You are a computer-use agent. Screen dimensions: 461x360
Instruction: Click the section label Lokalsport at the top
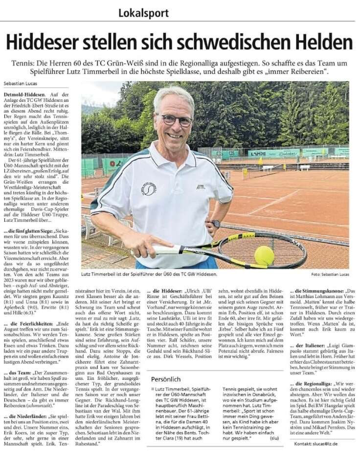tap(143, 12)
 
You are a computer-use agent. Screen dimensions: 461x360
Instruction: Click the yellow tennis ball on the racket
tap(264, 255)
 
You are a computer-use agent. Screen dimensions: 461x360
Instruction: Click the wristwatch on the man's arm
tap(216, 224)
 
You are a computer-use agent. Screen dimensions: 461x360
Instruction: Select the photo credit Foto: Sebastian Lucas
tap(329, 275)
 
